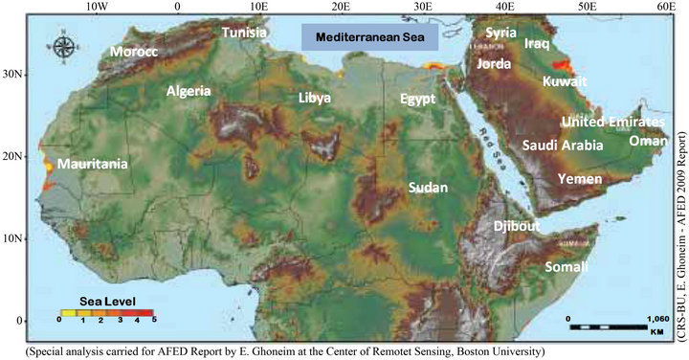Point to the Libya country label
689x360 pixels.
[315, 99]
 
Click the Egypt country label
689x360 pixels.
[417, 100]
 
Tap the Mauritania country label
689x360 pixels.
[93, 165]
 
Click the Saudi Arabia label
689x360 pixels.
[563, 146]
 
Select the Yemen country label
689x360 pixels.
[580, 179]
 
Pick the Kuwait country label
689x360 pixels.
[565, 82]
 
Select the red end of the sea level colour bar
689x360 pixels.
[146, 312]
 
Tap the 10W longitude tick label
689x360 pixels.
[96, 8]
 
